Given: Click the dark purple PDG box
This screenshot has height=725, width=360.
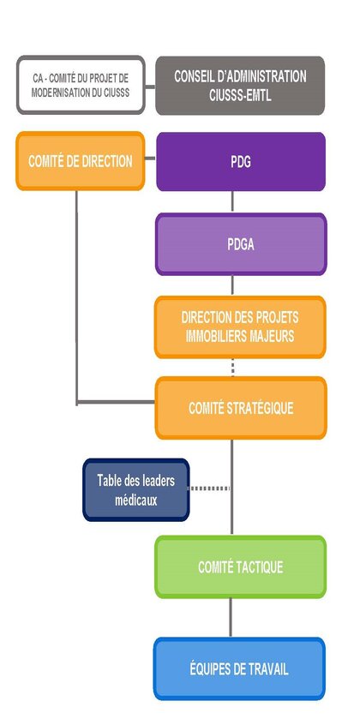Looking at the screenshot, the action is point(241,162).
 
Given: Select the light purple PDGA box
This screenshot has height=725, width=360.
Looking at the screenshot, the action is point(241,244).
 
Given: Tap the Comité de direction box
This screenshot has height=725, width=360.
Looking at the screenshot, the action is point(81,161).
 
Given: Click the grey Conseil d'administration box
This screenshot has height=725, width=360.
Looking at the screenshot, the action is point(240,86).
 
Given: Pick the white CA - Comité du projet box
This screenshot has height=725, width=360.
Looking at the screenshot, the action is point(81,85).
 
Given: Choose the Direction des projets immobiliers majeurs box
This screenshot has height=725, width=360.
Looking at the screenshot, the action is point(240,327).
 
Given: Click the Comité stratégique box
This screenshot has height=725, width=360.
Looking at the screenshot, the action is point(241,408).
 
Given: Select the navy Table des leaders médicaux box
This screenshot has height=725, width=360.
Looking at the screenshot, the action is point(136,489).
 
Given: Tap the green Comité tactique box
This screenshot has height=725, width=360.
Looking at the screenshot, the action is point(240,566).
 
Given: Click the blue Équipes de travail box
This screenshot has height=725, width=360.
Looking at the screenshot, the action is point(239,668).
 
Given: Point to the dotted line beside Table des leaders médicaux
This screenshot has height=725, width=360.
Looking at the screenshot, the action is point(210,488).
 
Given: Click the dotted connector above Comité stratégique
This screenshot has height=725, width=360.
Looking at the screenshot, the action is point(232,368).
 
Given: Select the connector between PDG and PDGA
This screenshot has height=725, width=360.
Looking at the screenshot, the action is point(232,202).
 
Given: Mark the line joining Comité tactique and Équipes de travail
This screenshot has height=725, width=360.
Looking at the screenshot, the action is point(231,618).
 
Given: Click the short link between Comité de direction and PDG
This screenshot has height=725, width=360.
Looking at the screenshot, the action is point(150,159).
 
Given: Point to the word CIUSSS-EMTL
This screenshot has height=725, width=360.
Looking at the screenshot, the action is point(240,97).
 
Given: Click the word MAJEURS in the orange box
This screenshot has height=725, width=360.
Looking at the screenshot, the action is point(272,336).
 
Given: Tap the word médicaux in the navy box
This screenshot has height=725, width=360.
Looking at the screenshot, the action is point(136,500).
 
